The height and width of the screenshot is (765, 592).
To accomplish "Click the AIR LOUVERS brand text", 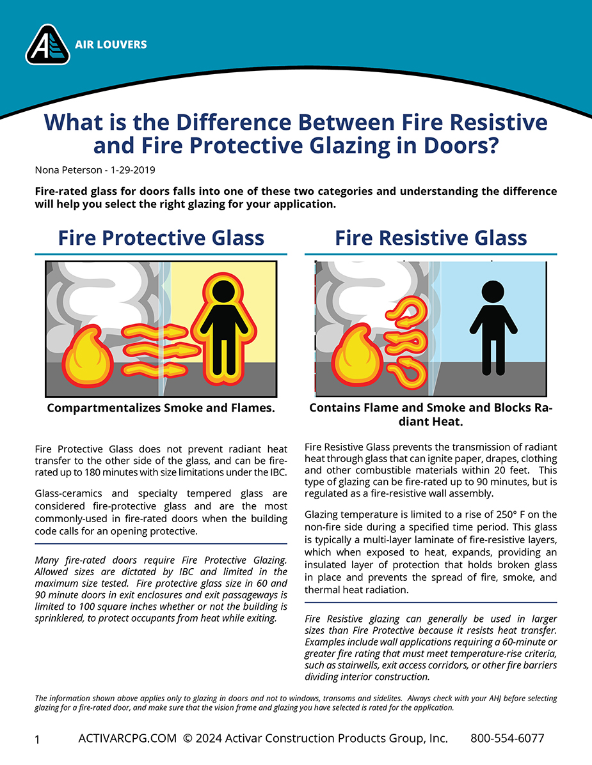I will (110, 45).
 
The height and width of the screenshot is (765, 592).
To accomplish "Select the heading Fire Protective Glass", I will (161, 238).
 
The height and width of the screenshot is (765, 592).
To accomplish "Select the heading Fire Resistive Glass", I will (431, 238).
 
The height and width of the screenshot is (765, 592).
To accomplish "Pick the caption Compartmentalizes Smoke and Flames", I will (161, 408).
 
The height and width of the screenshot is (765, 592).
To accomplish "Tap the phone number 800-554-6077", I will (507, 738).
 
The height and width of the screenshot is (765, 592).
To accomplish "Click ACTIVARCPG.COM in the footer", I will (127, 738).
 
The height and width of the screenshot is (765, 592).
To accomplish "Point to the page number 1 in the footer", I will (37, 739).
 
